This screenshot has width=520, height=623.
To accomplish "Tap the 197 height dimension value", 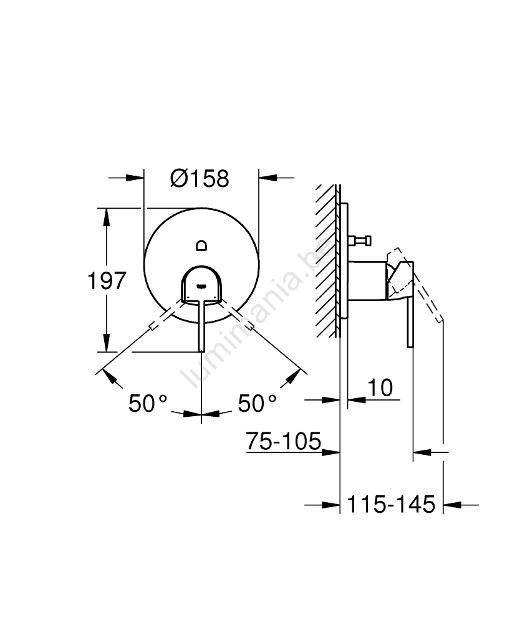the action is (x=107, y=280).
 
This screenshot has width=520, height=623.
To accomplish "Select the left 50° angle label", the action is (x=148, y=404).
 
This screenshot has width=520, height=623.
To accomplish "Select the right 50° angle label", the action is (x=257, y=404).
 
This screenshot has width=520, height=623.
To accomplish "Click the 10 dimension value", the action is (x=380, y=388).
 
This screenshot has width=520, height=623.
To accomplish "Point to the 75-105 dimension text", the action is (x=284, y=440).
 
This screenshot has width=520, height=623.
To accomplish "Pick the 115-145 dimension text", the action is (x=391, y=505).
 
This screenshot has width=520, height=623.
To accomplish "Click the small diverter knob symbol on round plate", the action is (x=201, y=245).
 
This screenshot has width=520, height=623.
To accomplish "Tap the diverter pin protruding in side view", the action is (x=359, y=240).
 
